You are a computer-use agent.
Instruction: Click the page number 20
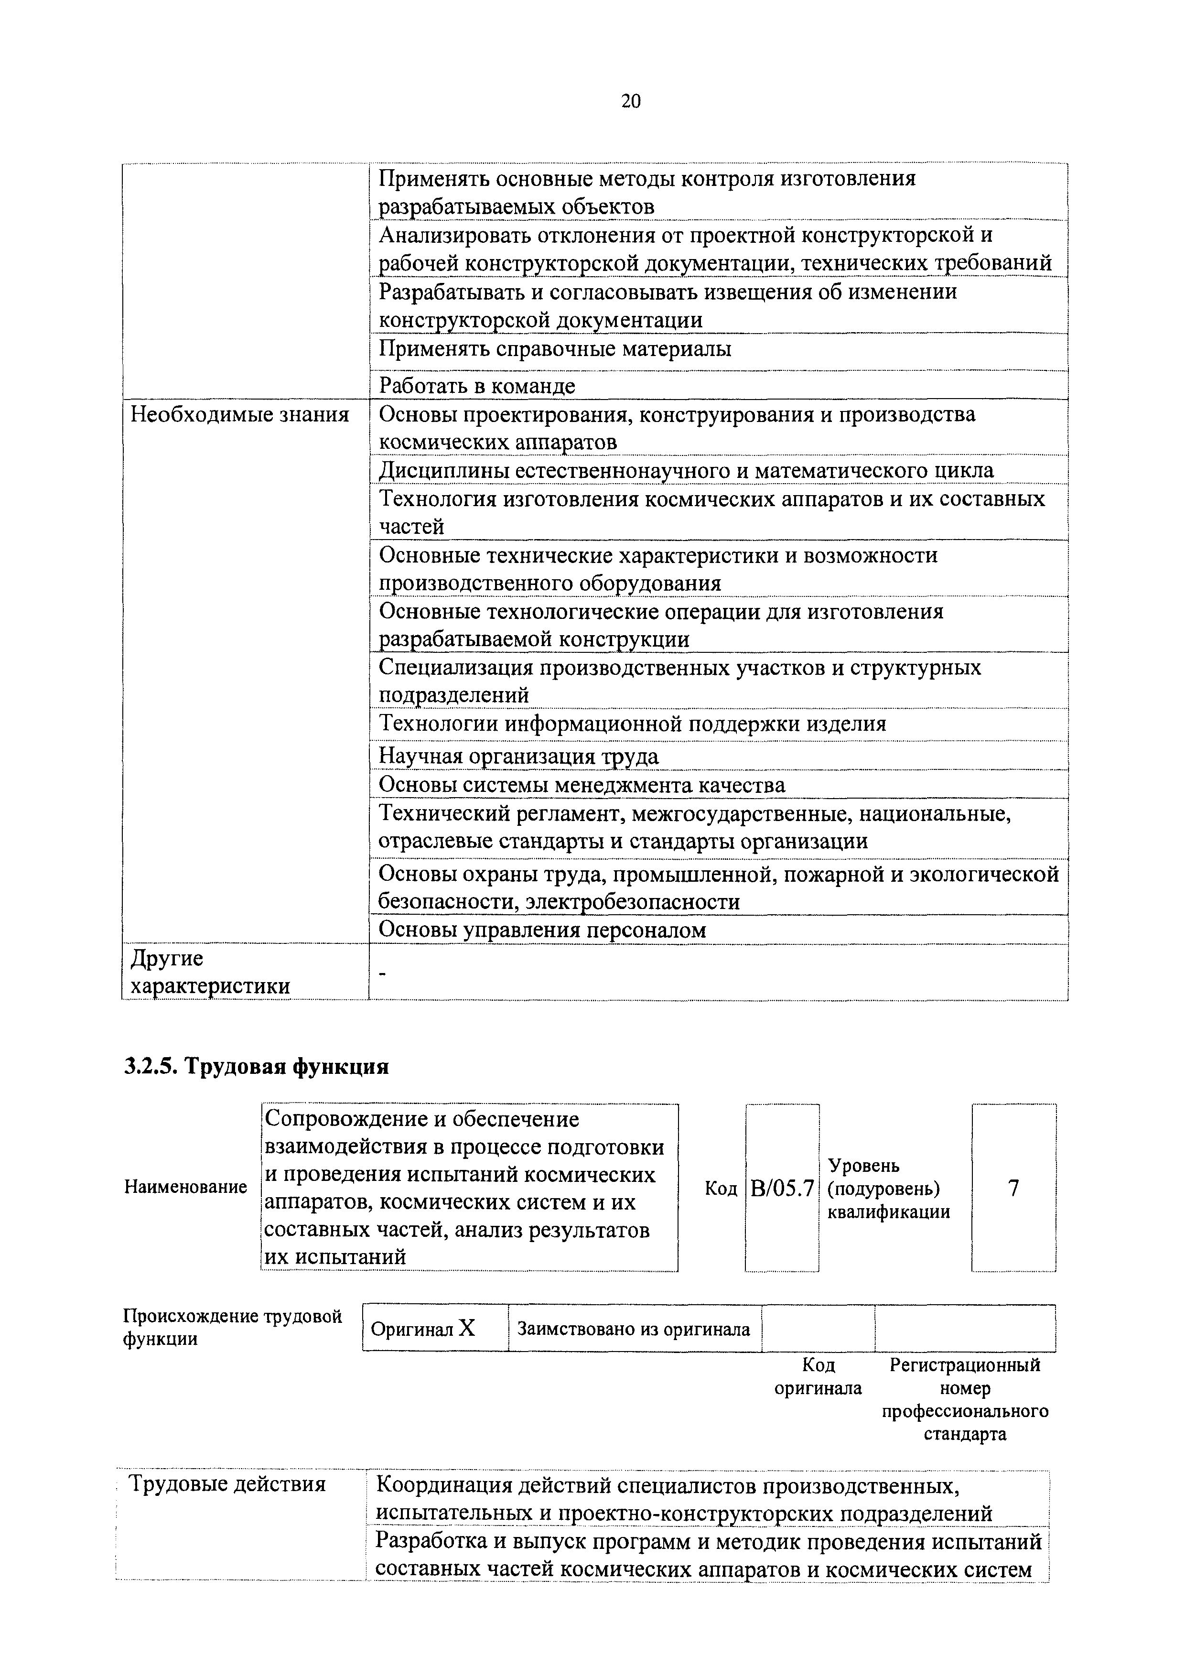[x=630, y=101]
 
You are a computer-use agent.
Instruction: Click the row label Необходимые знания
[x=239, y=415]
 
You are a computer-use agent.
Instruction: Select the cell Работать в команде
[x=477, y=386]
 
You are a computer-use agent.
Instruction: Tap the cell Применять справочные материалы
[x=555, y=349]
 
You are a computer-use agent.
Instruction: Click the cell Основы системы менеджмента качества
[x=582, y=785]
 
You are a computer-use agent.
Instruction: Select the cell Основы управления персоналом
[x=542, y=930]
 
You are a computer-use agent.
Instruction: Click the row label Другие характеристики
[x=210, y=972]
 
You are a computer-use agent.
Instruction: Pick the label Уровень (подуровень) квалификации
[x=889, y=1189]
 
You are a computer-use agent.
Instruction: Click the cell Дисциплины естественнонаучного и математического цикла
[x=686, y=470]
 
